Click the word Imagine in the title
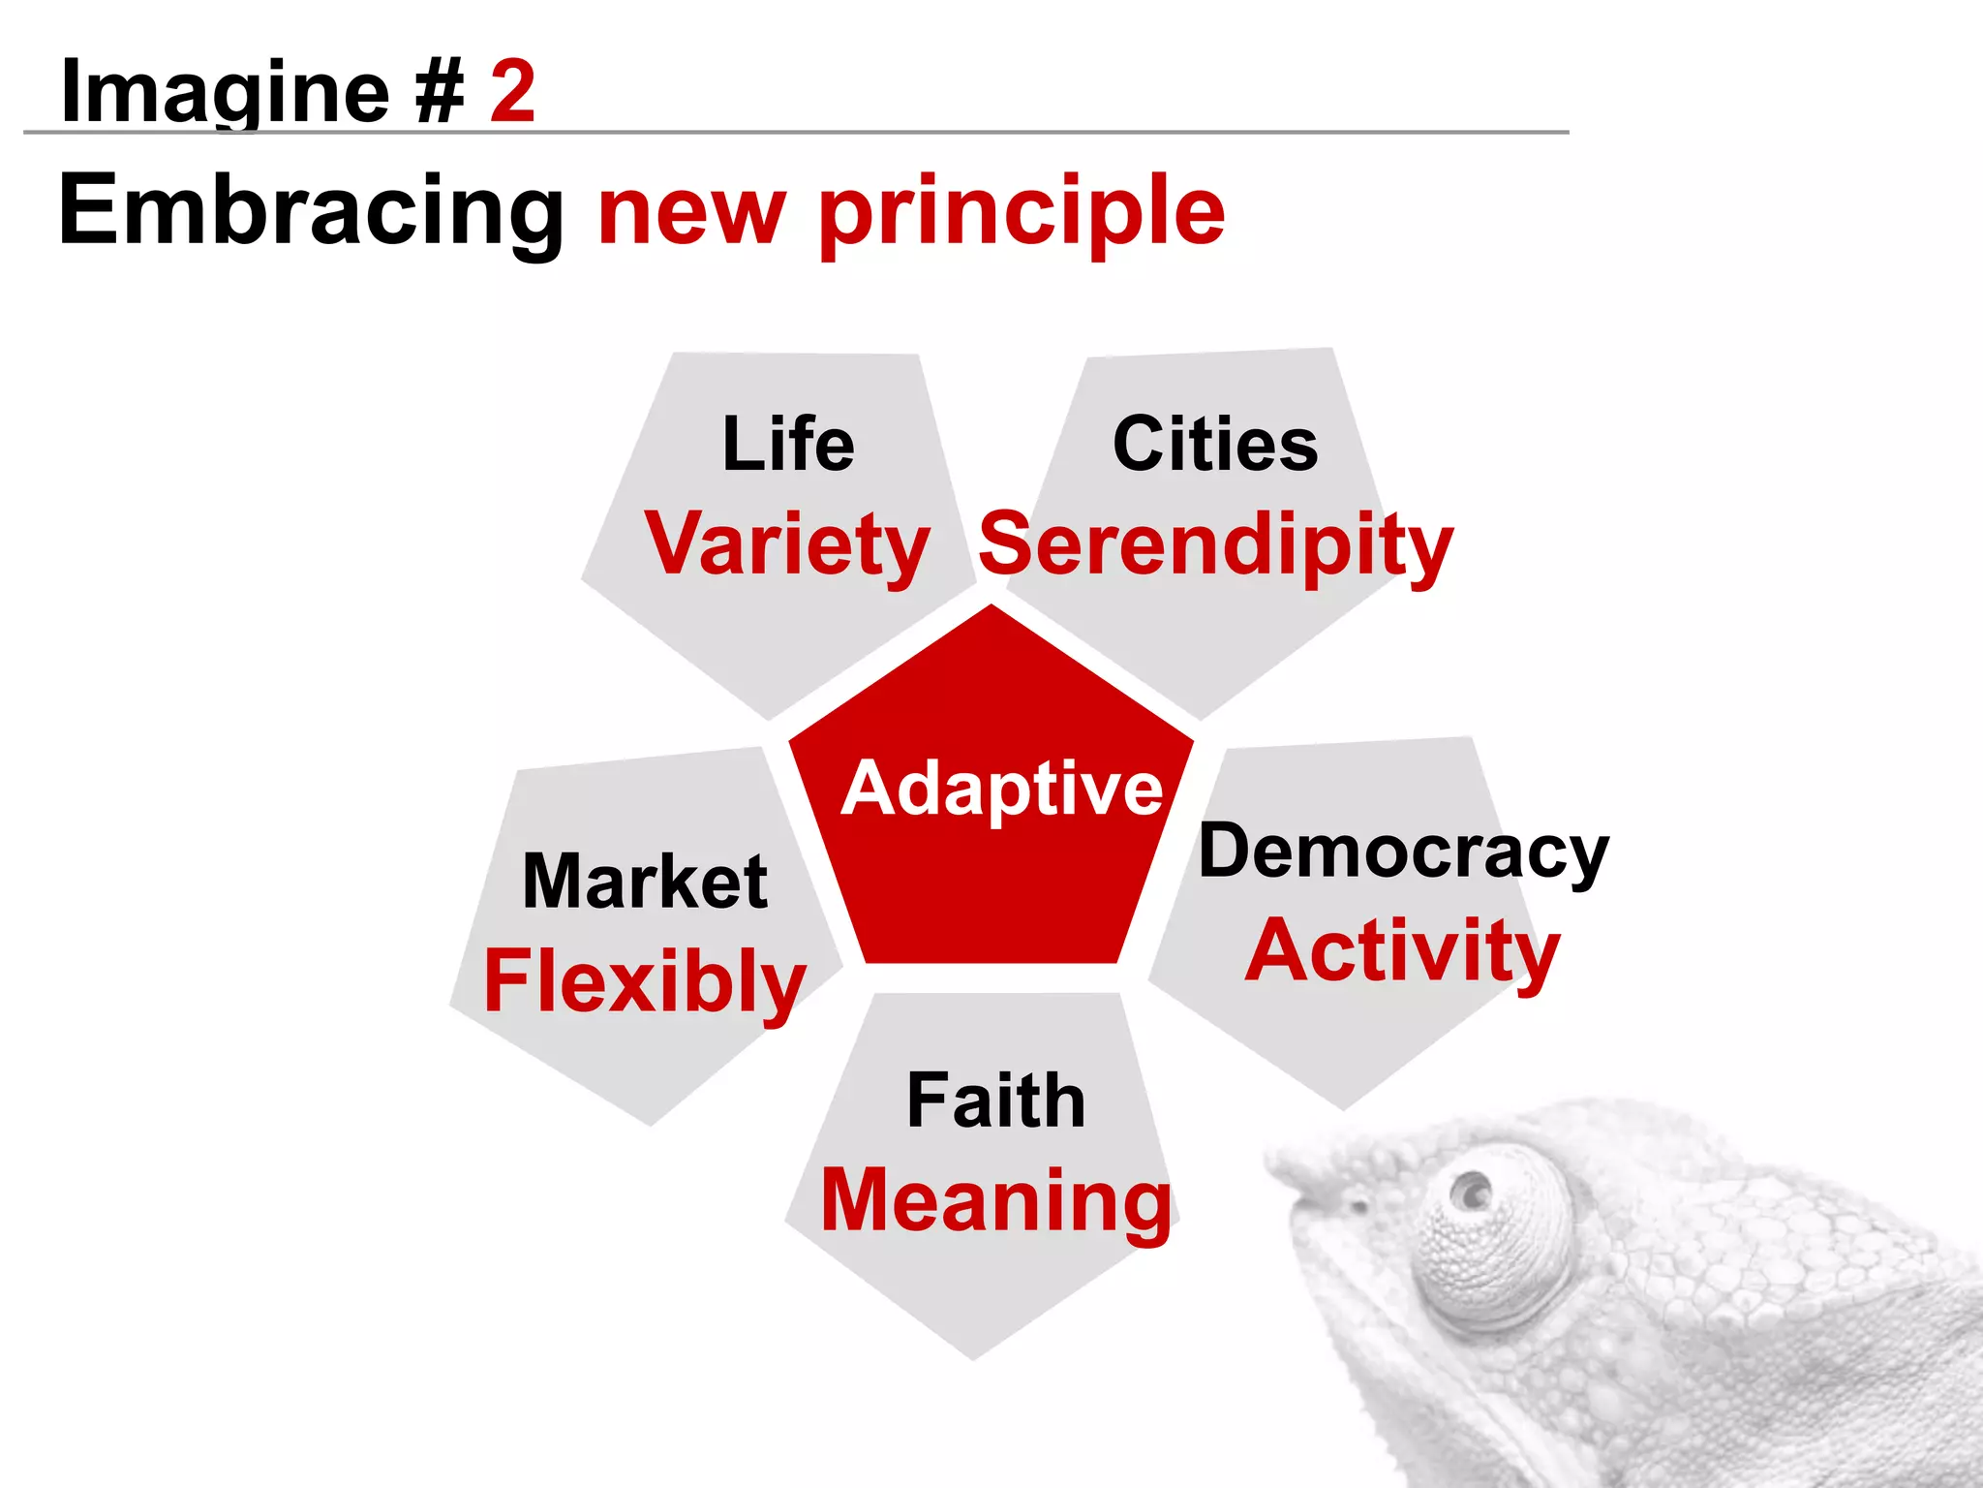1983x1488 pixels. coord(225,93)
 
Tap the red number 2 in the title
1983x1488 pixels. coord(512,91)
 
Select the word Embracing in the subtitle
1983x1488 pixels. coord(311,212)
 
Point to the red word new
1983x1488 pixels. coord(691,214)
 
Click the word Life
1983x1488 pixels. coord(788,445)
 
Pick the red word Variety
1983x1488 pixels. coord(787,545)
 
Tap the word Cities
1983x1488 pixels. coord(1215,445)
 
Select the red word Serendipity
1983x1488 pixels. coord(1216,545)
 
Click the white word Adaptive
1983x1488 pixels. coord(1001,789)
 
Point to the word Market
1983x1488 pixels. coord(645,882)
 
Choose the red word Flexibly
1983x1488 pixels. coord(645,982)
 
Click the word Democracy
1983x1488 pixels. coord(1403,852)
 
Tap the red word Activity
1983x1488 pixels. coord(1402,952)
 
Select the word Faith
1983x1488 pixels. coord(995,1100)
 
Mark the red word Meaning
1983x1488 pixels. coord(995,1201)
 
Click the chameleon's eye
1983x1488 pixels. coord(1474,1191)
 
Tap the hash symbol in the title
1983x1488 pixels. coord(440,93)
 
